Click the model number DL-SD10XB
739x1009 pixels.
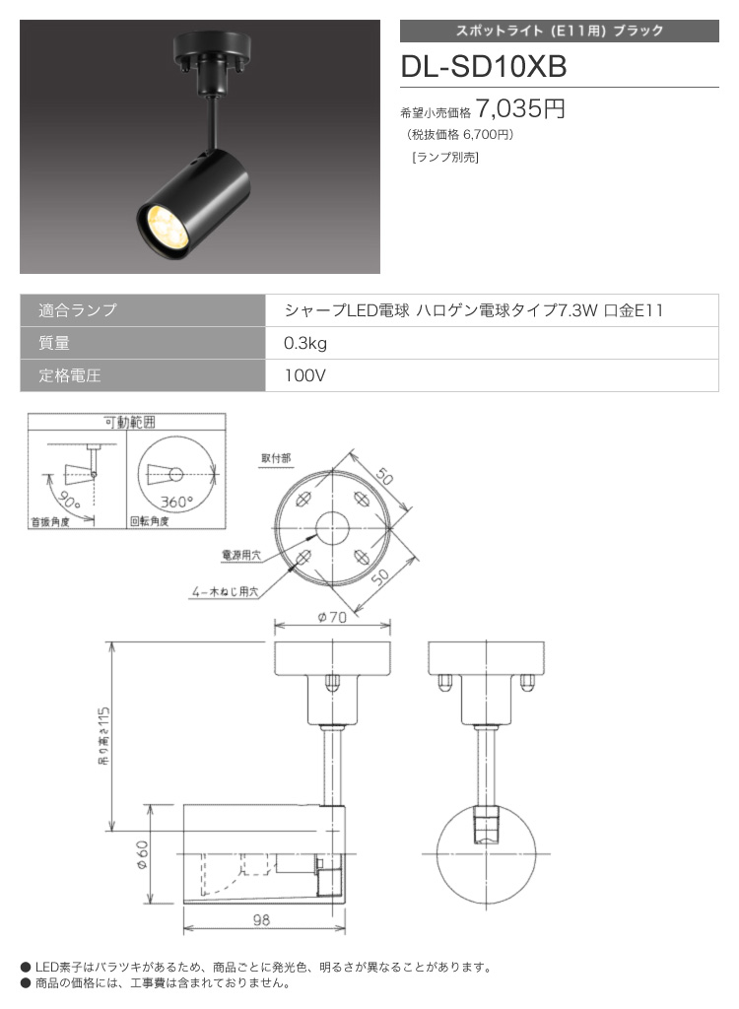[x=484, y=66]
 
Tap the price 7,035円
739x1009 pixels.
[x=520, y=108]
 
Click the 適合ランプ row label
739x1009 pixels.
[x=77, y=310]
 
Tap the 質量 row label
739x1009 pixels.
[x=54, y=343]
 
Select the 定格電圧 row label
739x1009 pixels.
[x=70, y=375]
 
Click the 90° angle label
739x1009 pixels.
[x=68, y=501]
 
